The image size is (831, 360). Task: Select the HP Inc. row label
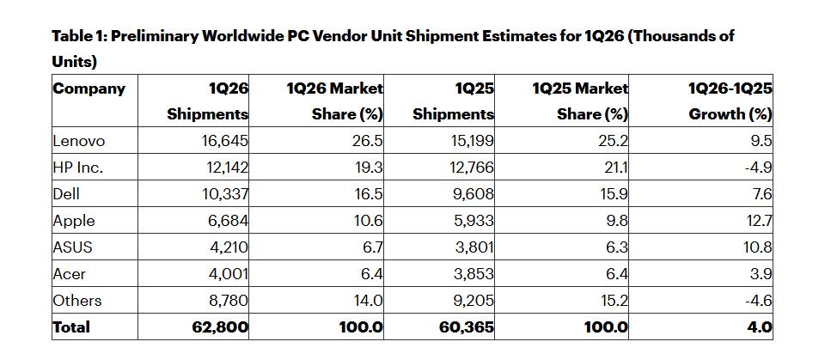[x=78, y=168]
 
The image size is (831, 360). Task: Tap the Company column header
[x=89, y=88]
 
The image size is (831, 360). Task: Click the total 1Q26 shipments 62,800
[x=221, y=327]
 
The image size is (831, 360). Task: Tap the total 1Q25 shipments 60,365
[x=467, y=327]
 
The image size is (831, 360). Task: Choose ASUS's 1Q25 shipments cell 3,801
[x=473, y=247]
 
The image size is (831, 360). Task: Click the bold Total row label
[x=71, y=327]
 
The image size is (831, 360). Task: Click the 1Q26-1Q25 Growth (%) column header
[x=730, y=101]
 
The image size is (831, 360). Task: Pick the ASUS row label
[x=72, y=247]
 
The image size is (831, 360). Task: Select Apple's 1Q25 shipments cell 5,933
[x=473, y=221]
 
